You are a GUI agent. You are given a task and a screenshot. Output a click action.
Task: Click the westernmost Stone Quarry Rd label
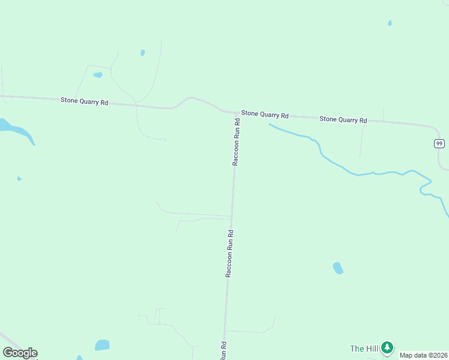click(84, 101)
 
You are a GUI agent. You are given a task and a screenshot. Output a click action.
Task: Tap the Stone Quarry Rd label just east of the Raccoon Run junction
click(265, 114)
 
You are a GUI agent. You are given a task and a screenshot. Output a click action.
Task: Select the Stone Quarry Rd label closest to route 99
click(343, 119)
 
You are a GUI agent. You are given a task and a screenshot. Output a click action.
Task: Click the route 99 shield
click(439, 143)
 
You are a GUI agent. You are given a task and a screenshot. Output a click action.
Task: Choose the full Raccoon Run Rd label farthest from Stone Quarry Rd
click(229, 252)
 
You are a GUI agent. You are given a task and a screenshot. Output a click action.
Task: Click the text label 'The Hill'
click(364, 349)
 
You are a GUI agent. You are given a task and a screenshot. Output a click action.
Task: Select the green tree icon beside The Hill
click(387, 347)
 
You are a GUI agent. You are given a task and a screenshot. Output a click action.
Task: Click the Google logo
click(20, 353)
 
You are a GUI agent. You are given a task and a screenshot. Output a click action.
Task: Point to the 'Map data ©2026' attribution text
click(424, 355)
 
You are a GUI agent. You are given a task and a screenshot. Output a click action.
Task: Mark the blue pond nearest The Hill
click(338, 268)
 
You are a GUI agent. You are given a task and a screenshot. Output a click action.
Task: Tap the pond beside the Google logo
click(102, 345)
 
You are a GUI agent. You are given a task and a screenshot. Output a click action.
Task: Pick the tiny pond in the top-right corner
click(390, 23)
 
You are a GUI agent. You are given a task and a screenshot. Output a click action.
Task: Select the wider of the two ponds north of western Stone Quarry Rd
click(98, 75)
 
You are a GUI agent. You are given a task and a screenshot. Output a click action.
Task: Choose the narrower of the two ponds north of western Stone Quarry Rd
click(142, 53)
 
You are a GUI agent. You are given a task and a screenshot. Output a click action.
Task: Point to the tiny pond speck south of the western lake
click(19, 178)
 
